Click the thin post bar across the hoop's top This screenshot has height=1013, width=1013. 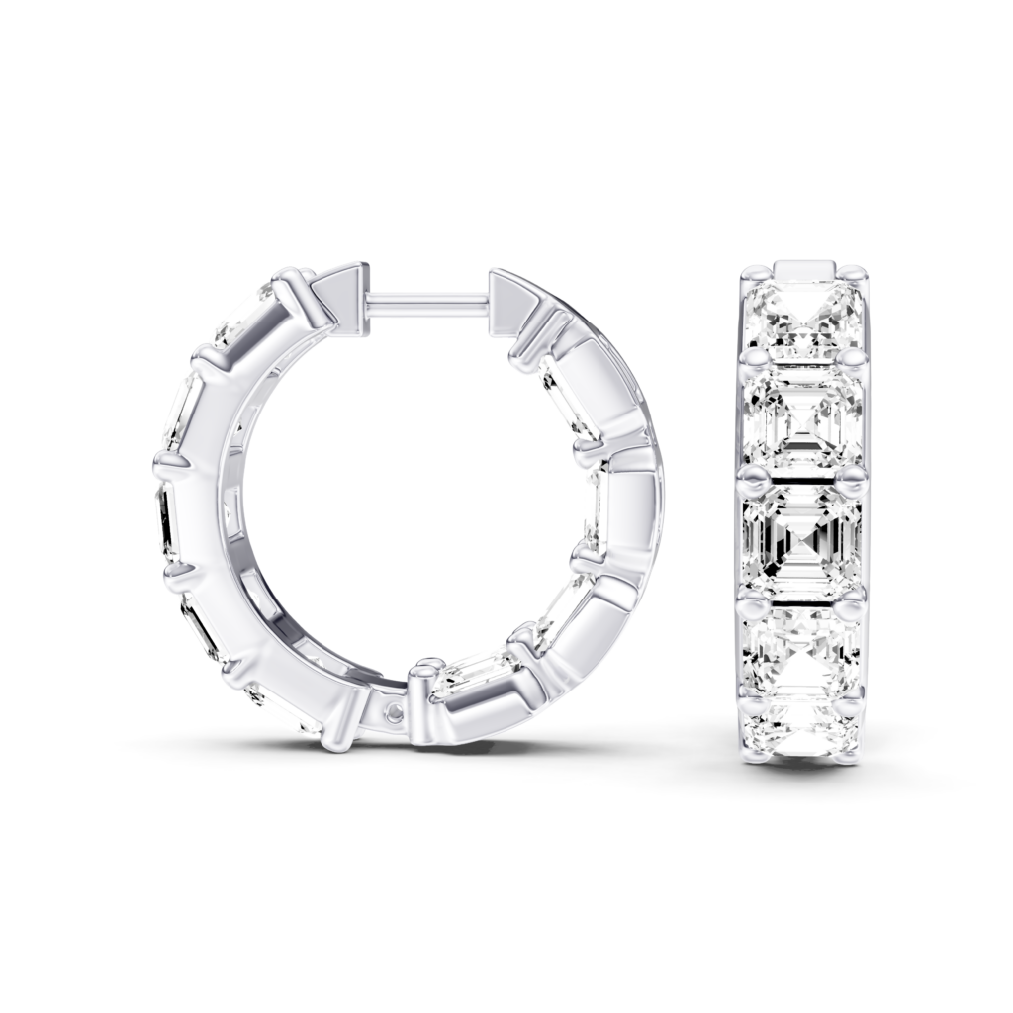(428, 297)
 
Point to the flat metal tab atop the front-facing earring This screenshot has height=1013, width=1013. (803, 269)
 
